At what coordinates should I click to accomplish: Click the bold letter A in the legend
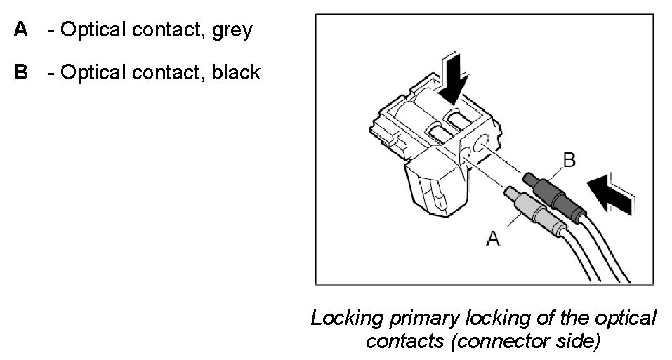pos(20,31)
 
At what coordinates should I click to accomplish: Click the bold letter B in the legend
pos(20,72)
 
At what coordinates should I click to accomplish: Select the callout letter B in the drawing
pos(569,161)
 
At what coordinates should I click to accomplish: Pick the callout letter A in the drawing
pos(493,239)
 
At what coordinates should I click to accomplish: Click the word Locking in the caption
pos(346,319)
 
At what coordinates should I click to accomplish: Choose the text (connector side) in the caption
pos(529,342)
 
